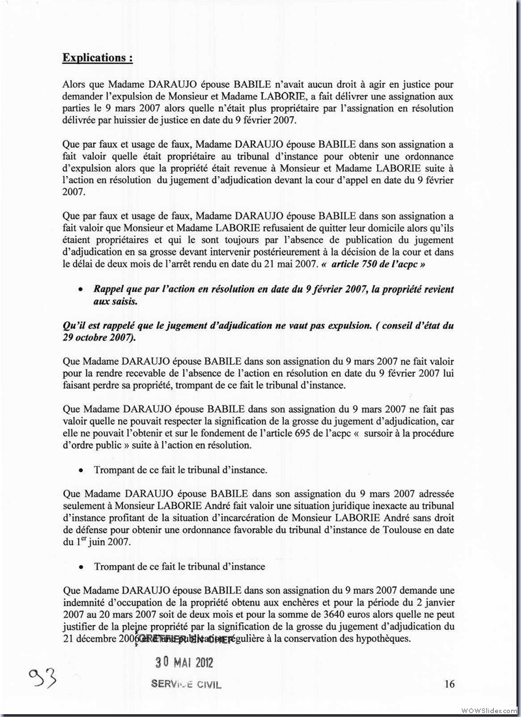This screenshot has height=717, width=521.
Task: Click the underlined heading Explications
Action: point(98,57)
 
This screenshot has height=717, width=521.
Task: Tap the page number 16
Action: point(449,684)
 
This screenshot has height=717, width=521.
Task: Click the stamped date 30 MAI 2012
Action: point(184,662)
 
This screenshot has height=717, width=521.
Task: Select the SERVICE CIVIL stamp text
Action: point(186,684)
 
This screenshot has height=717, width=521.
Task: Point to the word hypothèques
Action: point(382,639)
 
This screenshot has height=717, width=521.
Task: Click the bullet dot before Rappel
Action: point(81,289)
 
